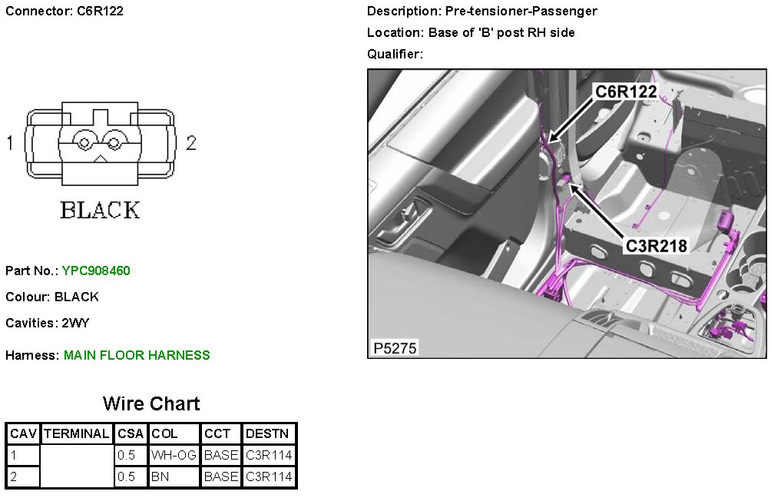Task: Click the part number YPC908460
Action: coord(96,271)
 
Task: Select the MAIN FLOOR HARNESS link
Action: coord(137,355)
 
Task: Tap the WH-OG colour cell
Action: coord(174,455)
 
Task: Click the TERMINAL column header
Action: coord(76,433)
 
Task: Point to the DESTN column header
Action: coord(267,433)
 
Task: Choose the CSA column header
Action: coord(131,433)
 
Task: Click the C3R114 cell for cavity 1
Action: coord(269,455)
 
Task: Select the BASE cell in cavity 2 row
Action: coord(220,476)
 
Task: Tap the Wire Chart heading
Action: coord(151,403)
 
